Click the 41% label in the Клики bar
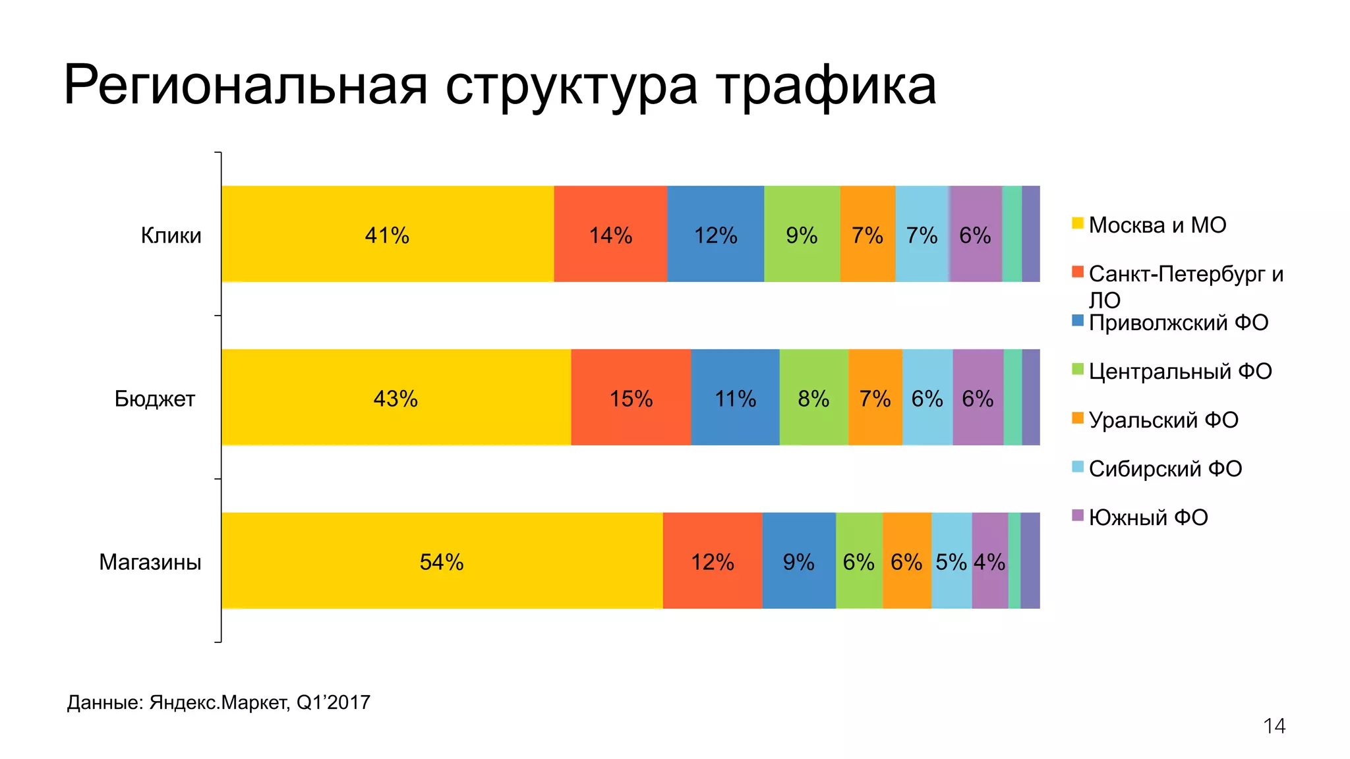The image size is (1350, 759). (387, 235)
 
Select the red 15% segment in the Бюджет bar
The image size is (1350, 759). (631, 399)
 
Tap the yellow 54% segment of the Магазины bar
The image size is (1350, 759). (442, 562)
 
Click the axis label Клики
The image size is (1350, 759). (171, 235)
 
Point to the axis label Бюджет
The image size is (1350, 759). (155, 399)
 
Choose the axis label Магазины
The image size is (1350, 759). (150, 562)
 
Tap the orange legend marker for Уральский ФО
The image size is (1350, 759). (1078, 418)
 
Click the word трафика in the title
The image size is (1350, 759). (826, 86)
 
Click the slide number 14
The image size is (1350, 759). (1274, 726)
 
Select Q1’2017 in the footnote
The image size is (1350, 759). (333, 702)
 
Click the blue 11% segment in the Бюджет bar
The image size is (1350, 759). (735, 399)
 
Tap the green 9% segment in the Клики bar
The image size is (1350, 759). (802, 235)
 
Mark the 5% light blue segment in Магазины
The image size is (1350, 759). (951, 562)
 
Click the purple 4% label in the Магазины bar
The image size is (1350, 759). (989, 562)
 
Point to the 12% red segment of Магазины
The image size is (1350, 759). (712, 562)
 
